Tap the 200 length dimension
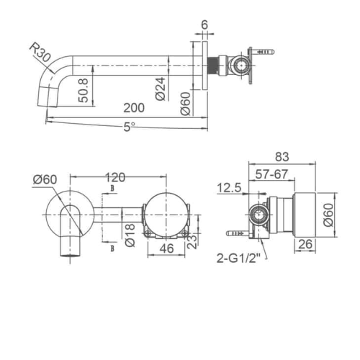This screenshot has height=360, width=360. click(x=133, y=107)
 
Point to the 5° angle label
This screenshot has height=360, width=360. click(x=129, y=126)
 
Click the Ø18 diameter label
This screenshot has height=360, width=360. click(x=130, y=234)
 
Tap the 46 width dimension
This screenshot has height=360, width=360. click(x=166, y=250)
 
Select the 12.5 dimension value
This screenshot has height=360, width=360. click(x=228, y=188)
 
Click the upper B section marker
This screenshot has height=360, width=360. click(x=112, y=189)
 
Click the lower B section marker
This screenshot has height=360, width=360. click(x=112, y=248)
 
